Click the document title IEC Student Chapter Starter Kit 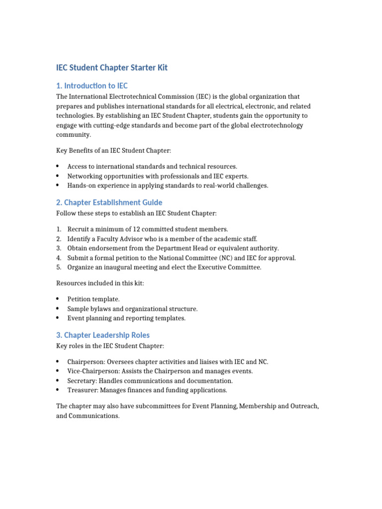coord(111,68)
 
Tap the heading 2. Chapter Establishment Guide coord(109,202)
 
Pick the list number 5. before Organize coord(59,267)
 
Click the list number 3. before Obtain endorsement coord(59,248)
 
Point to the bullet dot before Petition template coord(58,299)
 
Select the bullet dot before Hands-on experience coord(58,185)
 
